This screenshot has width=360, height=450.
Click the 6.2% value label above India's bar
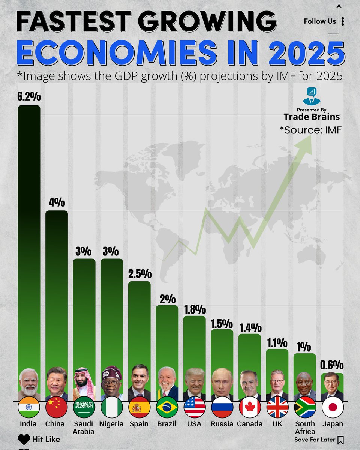[29, 97]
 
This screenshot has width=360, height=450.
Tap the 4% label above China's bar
[57, 202]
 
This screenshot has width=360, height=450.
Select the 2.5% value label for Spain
[139, 273]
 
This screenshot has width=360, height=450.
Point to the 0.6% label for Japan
[333, 365]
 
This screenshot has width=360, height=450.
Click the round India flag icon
[29, 407]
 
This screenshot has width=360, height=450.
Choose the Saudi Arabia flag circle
[84, 407]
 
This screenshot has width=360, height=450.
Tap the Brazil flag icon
[167, 407]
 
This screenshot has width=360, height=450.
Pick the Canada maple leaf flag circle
[250, 407]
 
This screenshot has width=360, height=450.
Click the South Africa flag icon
[305, 407]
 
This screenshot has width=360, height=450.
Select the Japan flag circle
[333, 407]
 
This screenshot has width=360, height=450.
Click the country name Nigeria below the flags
[112, 424]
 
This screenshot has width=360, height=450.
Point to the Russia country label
[222, 424]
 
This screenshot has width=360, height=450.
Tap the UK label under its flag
[277, 424]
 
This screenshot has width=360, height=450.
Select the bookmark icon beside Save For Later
[340, 439]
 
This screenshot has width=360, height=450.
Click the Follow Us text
[320, 21]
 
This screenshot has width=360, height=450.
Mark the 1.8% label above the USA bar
[195, 309]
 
